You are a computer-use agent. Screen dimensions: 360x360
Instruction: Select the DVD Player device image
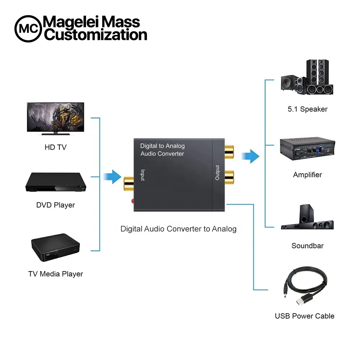55,183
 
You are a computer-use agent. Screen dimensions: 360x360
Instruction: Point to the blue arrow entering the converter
112,177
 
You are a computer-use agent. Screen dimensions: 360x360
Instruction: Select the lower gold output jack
229,176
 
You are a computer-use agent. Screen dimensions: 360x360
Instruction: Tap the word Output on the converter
217,172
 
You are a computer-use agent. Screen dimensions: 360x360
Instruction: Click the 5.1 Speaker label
307,109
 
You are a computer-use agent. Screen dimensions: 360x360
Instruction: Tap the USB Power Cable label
305,316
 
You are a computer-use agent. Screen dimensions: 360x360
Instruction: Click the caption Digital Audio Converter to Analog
178,229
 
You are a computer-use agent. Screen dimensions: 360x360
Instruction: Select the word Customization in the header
95,35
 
